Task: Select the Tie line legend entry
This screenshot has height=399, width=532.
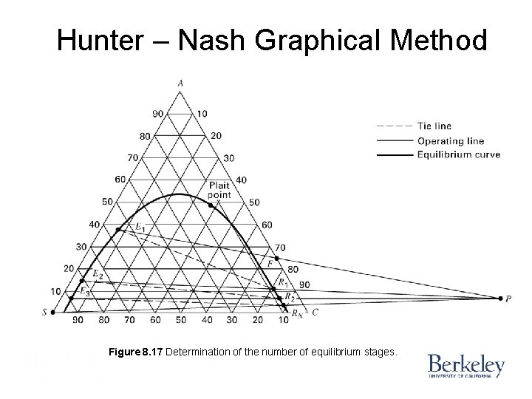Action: click(x=434, y=126)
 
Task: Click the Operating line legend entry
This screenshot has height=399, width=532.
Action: click(x=450, y=140)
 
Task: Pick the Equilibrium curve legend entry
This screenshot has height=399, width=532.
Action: click(x=458, y=154)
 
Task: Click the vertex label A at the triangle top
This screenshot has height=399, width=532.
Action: click(x=180, y=83)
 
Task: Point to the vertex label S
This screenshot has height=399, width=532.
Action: click(x=45, y=312)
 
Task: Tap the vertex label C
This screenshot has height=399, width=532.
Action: click(x=315, y=312)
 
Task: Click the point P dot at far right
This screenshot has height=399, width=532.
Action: click(x=499, y=298)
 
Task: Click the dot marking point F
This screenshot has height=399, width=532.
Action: click(x=276, y=258)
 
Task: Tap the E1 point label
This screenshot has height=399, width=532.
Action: click(x=139, y=225)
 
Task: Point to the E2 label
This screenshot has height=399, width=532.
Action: click(x=97, y=273)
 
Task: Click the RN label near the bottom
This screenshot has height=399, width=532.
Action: click(x=296, y=314)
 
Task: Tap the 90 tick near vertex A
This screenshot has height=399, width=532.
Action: click(x=157, y=114)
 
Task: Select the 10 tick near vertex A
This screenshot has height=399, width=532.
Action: click(x=203, y=114)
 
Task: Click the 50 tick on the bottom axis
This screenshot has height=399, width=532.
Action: click(x=180, y=320)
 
